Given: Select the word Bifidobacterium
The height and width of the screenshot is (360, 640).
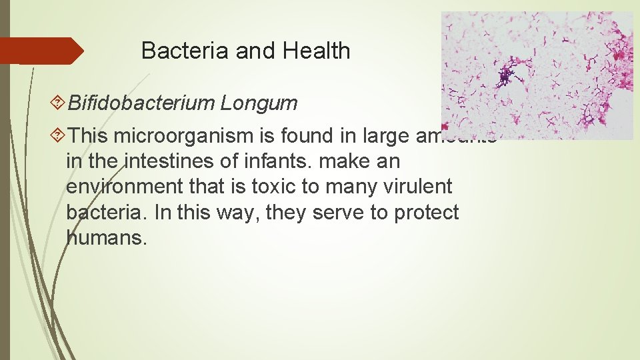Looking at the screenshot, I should (141, 103).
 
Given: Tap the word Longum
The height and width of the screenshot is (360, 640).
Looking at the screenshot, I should (259, 103).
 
